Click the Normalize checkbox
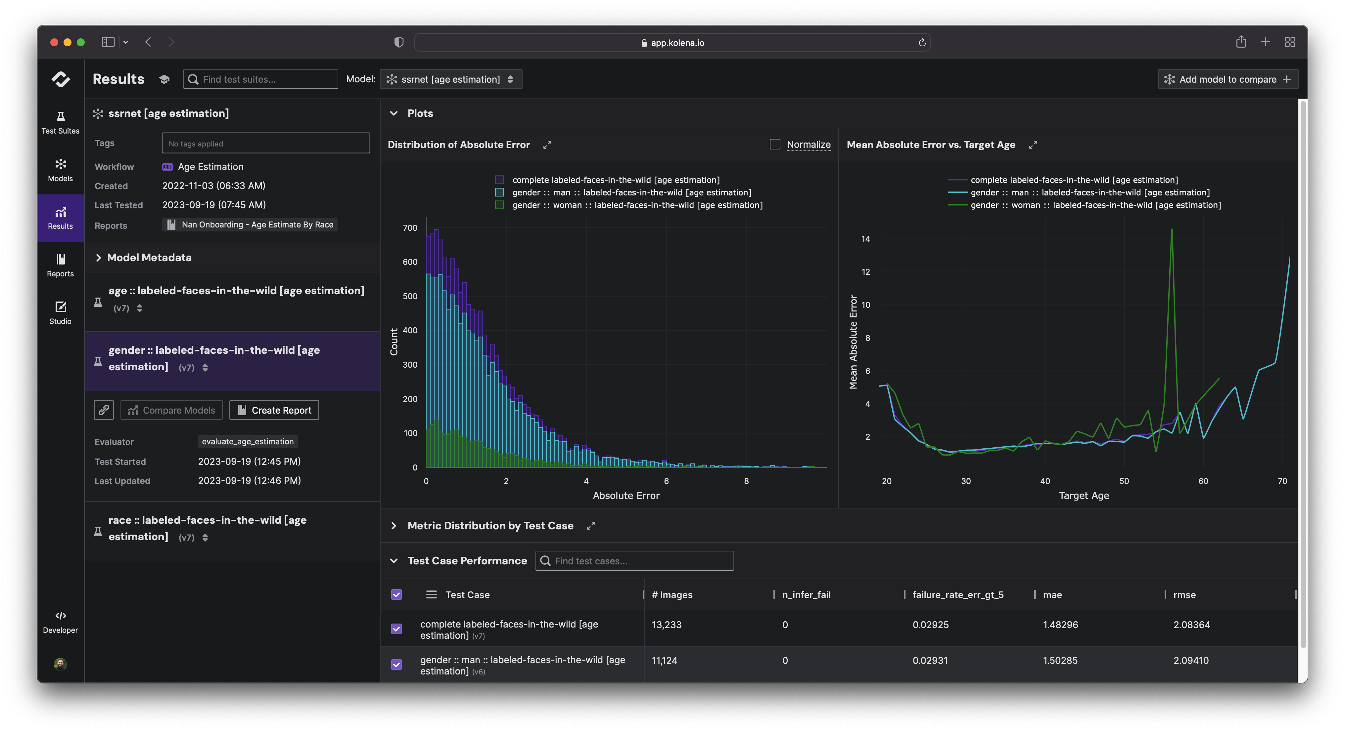[x=775, y=144]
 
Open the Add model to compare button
[x=1228, y=79]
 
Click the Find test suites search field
[x=261, y=79]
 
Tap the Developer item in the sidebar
[x=61, y=622]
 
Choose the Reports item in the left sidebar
[x=61, y=265]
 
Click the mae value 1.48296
[x=1060, y=625]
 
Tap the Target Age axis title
[x=1084, y=495]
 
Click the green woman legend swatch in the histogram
[x=499, y=205]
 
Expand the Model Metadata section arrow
[x=98, y=258]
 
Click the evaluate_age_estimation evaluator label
[x=248, y=441]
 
